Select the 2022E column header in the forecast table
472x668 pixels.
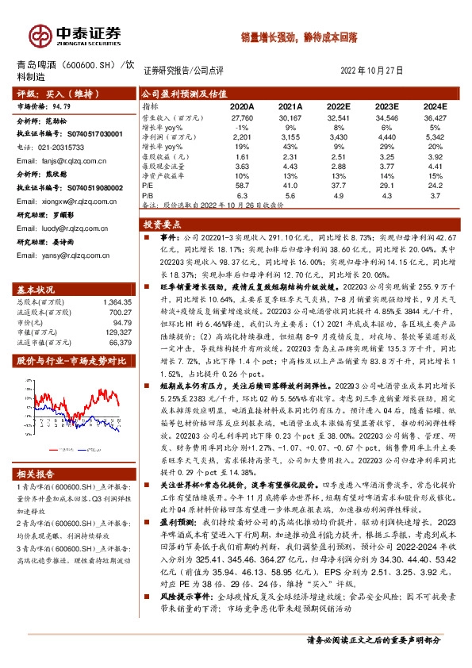click(x=337, y=106)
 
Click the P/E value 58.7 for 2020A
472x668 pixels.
click(x=242, y=184)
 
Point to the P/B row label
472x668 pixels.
click(x=148, y=194)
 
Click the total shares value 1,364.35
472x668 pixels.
click(x=114, y=301)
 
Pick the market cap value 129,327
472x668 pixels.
click(x=115, y=333)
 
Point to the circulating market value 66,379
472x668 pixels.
click(x=117, y=344)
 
